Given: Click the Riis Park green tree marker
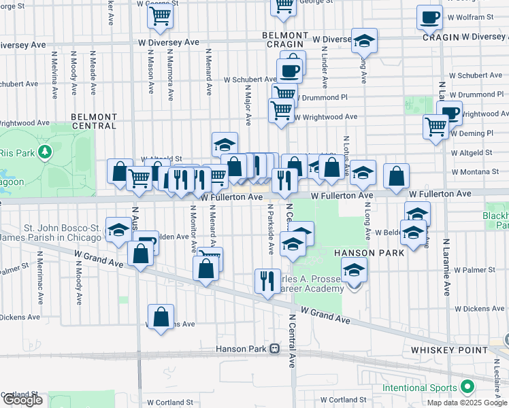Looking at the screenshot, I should pyautogui.click(x=46, y=150).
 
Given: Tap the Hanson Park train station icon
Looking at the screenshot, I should pyautogui.click(x=275, y=349).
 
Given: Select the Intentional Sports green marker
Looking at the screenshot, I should pyautogui.click(x=466, y=388).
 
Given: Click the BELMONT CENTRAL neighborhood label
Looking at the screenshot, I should pyautogui.click(x=93, y=121).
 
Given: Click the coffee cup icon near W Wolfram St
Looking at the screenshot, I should pyautogui.click(x=429, y=18).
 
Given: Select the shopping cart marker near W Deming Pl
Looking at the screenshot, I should pyautogui.click(x=436, y=125).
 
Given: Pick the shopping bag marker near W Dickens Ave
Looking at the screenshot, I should pyautogui.click(x=161, y=317).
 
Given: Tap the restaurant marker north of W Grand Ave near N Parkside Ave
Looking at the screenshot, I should pyautogui.click(x=267, y=279).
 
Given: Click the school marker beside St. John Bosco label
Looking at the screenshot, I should pyautogui.click(x=118, y=229).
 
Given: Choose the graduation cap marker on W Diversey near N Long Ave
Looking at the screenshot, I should pyautogui.click(x=364, y=41).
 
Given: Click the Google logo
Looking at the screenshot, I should pyautogui.click(x=22, y=400).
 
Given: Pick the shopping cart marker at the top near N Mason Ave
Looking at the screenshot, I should pyautogui.click(x=159, y=16).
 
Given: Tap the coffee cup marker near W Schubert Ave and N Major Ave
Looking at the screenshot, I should pyautogui.click(x=289, y=70).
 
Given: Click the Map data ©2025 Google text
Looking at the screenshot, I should pyautogui.click(x=467, y=403).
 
